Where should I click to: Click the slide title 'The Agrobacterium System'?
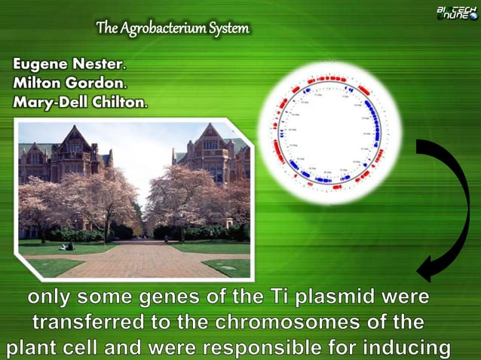172,29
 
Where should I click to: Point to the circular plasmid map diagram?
329,133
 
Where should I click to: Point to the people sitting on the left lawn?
66,246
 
